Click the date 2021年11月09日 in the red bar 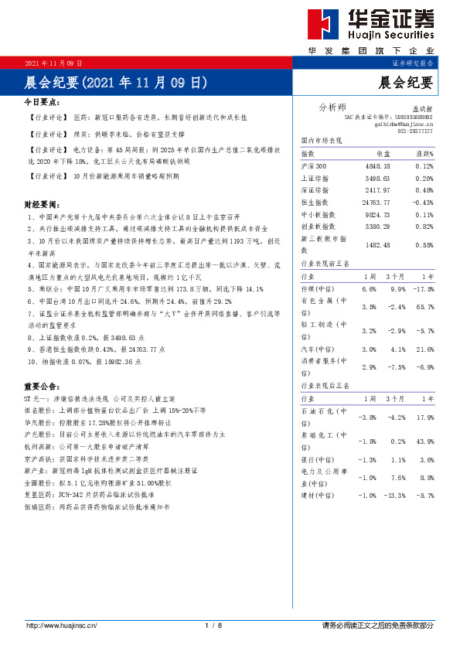54,63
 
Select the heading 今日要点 43,101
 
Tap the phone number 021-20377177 415,131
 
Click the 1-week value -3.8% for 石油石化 367,418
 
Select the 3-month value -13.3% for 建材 394,495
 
